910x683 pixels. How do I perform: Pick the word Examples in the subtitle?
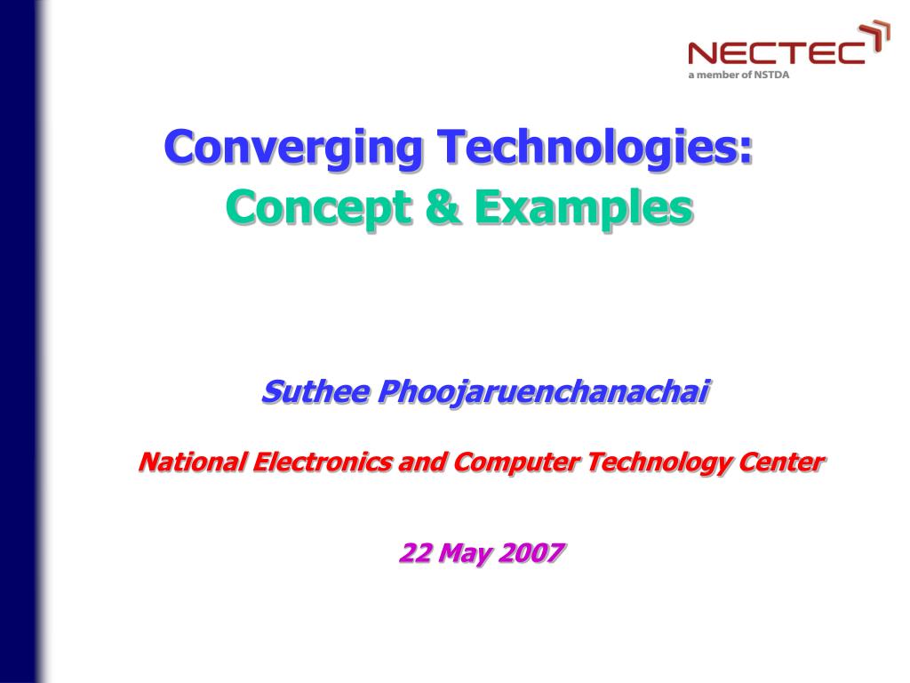coord(582,208)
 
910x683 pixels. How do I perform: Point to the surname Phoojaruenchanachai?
coord(544,390)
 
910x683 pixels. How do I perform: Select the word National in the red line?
coord(191,462)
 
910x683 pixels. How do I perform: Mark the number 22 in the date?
coord(415,553)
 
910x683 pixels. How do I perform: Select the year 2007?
coord(531,553)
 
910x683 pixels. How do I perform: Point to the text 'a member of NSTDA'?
coord(738,75)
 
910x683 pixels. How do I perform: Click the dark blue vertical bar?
coord(20,341)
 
